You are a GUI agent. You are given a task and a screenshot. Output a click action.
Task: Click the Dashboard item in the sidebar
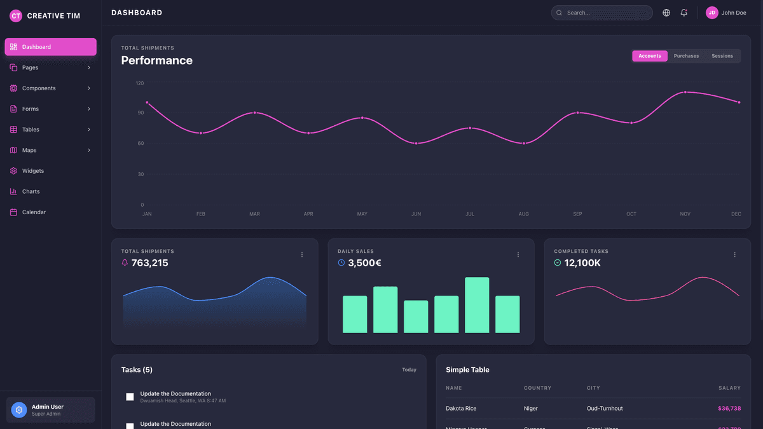pos(50,47)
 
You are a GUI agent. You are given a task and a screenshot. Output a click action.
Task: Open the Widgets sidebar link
pos(32,171)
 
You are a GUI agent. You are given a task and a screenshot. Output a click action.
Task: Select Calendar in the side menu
pos(33,212)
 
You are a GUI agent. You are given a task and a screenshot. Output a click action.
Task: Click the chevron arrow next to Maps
pos(89,151)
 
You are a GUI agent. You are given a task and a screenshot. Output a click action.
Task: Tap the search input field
pos(604,13)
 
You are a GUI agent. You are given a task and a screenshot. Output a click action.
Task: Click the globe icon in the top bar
pos(666,13)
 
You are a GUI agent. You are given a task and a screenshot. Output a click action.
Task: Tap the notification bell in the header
pos(684,13)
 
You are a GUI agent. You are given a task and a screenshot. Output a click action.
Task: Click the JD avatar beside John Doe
pos(712,13)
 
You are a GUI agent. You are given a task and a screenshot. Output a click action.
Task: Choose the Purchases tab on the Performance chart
pos(686,56)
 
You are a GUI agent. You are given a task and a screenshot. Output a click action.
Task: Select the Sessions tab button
pos(722,56)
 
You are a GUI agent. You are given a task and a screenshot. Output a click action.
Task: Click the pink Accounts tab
pos(650,56)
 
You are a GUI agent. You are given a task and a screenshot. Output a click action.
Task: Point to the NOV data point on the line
pos(685,92)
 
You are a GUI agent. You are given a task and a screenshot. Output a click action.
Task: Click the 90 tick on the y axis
pos(140,113)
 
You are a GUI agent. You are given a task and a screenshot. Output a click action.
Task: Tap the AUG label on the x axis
pos(523,214)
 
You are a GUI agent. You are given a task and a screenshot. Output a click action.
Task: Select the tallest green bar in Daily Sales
pos(477,305)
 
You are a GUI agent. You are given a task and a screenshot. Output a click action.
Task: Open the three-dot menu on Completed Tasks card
pos(734,255)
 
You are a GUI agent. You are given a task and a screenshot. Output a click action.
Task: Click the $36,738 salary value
pos(729,409)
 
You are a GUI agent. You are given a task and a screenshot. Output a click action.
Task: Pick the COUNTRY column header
pos(537,388)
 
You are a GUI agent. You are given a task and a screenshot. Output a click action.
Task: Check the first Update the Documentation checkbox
pos(130,397)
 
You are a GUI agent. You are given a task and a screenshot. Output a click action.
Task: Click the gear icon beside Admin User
pos(19,410)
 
